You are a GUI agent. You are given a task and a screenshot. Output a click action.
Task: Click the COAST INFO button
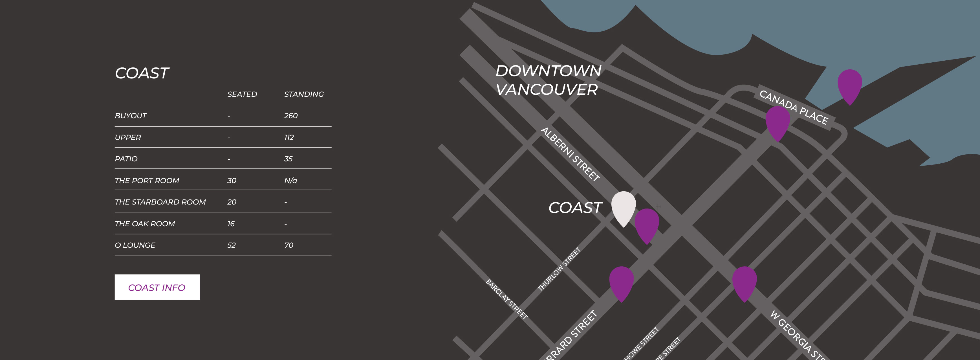[157, 287]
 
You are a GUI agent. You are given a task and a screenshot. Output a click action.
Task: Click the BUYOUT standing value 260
[291, 116]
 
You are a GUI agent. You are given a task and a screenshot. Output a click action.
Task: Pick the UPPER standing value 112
[289, 137]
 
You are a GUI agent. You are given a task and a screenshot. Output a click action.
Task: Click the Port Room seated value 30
[232, 180]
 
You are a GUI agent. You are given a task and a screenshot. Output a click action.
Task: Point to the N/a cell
[290, 180]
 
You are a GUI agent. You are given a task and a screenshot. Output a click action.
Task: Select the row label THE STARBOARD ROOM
[160, 202]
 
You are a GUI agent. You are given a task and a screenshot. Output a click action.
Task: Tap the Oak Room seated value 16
[231, 224]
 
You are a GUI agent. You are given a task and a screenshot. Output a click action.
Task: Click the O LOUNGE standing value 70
[289, 245]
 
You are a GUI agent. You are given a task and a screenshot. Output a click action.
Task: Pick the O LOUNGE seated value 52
[231, 245]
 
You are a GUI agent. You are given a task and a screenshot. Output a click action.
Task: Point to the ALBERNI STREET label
[570, 154]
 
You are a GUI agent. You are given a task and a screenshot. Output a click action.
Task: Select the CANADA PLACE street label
[794, 107]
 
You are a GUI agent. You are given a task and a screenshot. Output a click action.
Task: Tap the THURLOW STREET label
[559, 269]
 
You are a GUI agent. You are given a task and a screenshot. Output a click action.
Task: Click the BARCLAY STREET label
[506, 299]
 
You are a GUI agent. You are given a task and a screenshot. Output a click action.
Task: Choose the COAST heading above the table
[142, 73]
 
